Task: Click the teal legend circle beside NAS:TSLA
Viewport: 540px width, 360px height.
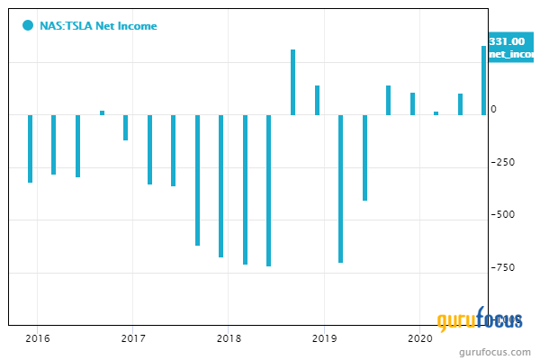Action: pyautogui.click(x=28, y=26)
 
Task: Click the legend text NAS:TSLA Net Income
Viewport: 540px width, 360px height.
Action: pyautogui.click(x=99, y=26)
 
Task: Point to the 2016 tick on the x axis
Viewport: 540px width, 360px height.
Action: pyautogui.click(x=37, y=338)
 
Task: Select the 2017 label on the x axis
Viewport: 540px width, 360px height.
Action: pyautogui.click(x=132, y=338)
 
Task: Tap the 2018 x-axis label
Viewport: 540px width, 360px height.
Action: pyautogui.click(x=228, y=338)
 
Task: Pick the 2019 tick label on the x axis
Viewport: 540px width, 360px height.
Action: pyautogui.click(x=323, y=338)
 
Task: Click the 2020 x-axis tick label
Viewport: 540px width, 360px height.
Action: pyautogui.click(x=418, y=338)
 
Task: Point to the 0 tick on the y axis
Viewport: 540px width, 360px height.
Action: pyautogui.click(x=492, y=110)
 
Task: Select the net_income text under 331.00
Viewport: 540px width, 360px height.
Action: pyautogui.click(x=511, y=55)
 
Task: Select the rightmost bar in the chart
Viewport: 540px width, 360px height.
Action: pyautogui.click(x=483, y=80)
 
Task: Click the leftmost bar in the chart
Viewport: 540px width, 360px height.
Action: pyautogui.click(x=30, y=148)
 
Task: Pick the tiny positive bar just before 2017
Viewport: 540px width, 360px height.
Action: pyautogui.click(x=102, y=112)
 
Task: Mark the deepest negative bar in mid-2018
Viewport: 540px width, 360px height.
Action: pyautogui.click(x=268, y=190)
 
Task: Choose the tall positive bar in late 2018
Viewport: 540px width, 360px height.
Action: pyautogui.click(x=292, y=82)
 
